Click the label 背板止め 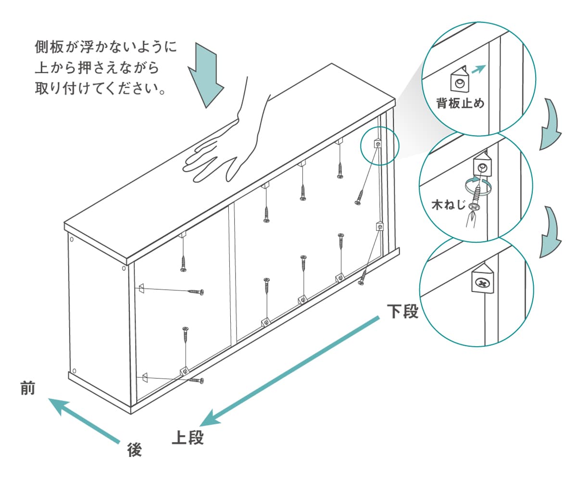(x=460, y=103)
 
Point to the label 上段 (x=188, y=438)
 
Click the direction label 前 (x=28, y=388)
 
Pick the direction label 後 (x=135, y=449)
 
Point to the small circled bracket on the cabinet (x=378, y=143)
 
